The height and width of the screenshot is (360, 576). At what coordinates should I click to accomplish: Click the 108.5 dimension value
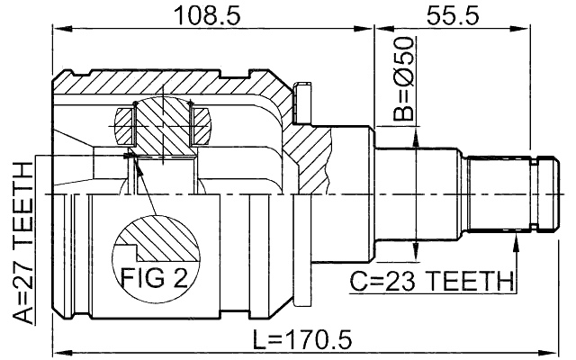pos(213,14)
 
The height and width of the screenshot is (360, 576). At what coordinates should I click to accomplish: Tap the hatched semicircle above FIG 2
pos(156,239)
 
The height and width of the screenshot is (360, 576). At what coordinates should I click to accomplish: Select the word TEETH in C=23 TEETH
pos(465,282)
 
